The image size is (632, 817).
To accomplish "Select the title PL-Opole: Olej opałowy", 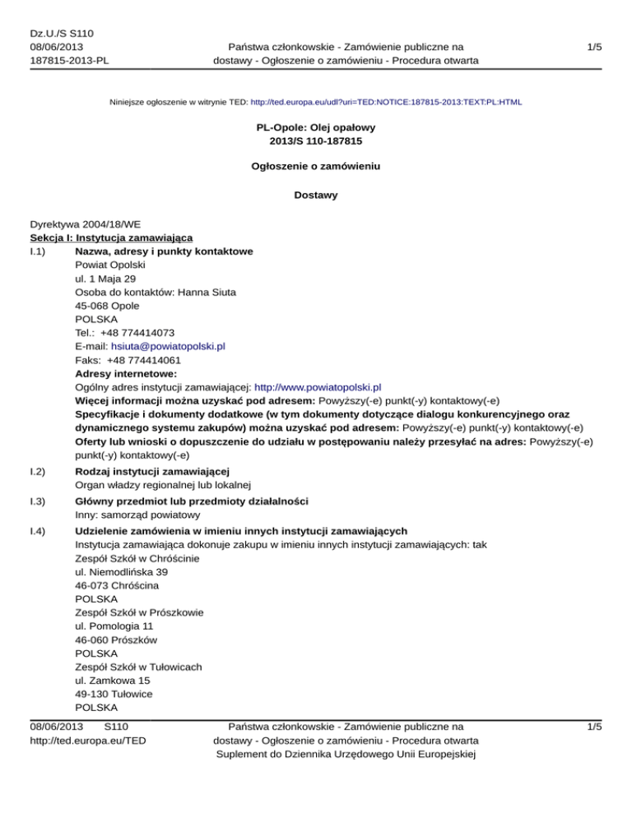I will (x=315, y=128).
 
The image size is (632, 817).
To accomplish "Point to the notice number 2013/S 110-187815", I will (x=315, y=141).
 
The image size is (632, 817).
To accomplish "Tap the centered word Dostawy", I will (x=315, y=196).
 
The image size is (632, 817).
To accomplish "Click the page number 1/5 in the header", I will (x=593, y=48).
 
